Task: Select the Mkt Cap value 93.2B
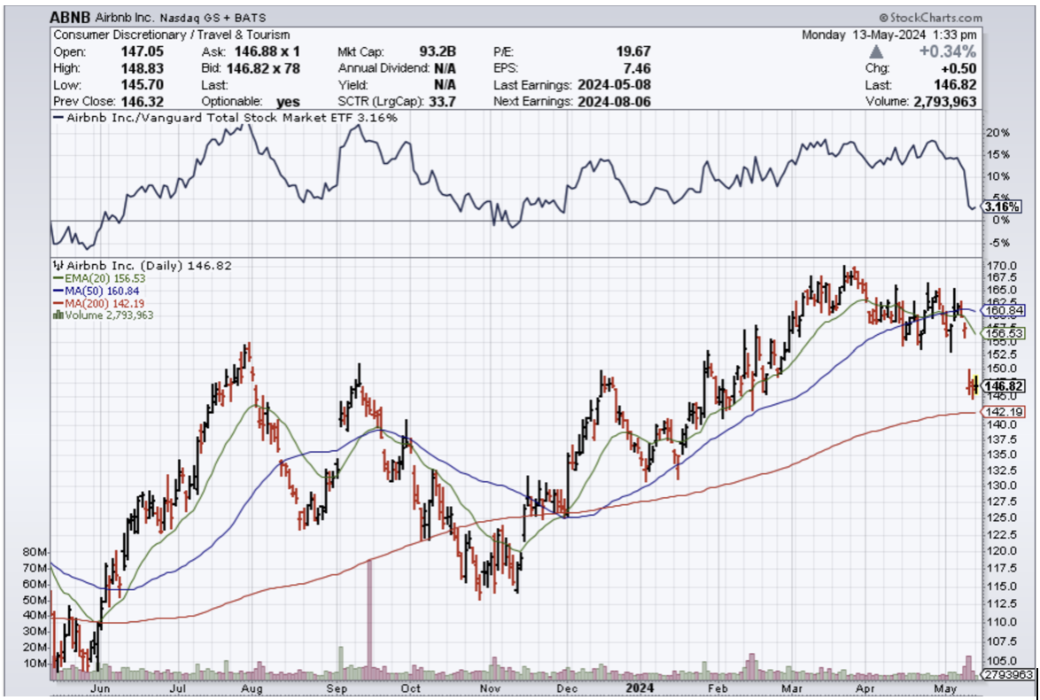438,51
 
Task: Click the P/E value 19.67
633,51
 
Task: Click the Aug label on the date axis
252,687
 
